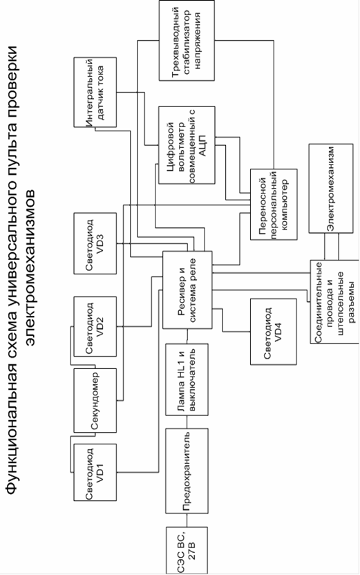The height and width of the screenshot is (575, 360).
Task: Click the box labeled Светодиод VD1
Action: [x=95, y=472]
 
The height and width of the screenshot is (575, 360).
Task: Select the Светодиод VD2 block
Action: [x=95, y=326]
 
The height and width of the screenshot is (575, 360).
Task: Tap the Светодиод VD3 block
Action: [x=95, y=243]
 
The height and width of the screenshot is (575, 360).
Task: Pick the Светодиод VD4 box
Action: [x=273, y=332]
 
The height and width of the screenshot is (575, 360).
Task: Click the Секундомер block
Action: [x=95, y=400]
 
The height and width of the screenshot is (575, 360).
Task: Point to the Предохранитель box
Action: [x=187, y=471]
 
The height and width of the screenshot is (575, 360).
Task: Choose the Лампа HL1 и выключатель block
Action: [x=187, y=379]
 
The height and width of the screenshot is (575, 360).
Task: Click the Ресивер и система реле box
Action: [x=187, y=290]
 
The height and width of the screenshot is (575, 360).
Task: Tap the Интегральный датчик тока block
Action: [x=95, y=92]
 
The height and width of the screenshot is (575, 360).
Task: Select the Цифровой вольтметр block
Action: [x=187, y=145]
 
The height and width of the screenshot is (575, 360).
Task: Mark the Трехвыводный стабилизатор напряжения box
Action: [x=187, y=40]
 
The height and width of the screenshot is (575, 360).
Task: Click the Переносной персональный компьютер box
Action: [x=274, y=205]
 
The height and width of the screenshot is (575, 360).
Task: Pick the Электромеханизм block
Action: [x=331, y=188]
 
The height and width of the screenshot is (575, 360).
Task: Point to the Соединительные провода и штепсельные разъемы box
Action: [x=334, y=302]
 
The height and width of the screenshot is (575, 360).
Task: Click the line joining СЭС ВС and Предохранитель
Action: [x=187, y=520]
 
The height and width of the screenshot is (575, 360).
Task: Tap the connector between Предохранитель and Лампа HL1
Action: [x=187, y=422]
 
